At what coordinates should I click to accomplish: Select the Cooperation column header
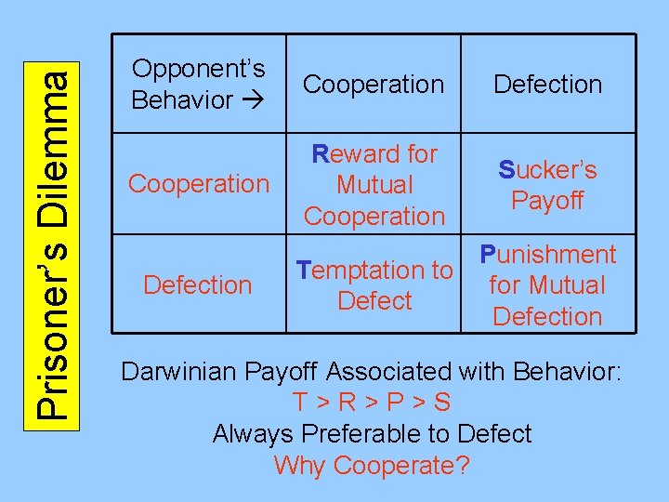[x=374, y=84]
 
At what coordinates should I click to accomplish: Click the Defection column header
[x=547, y=84]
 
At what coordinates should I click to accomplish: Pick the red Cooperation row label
[x=198, y=184]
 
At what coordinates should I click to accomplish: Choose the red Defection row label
[x=198, y=284]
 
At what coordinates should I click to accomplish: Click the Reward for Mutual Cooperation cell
[x=374, y=184]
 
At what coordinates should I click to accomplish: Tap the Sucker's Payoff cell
[x=547, y=184]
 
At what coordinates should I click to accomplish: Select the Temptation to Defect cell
[x=374, y=285]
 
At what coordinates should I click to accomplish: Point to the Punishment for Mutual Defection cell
[x=547, y=285]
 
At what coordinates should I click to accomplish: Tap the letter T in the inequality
[x=300, y=403]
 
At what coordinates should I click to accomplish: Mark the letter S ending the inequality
[x=442, y=403]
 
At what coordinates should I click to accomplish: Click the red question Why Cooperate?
[x=372, y=465]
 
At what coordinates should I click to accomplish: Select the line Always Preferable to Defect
[x=372, y=434]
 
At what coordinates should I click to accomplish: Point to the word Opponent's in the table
[x=198, y=69]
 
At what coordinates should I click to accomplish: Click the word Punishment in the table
[x=547, y=255]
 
